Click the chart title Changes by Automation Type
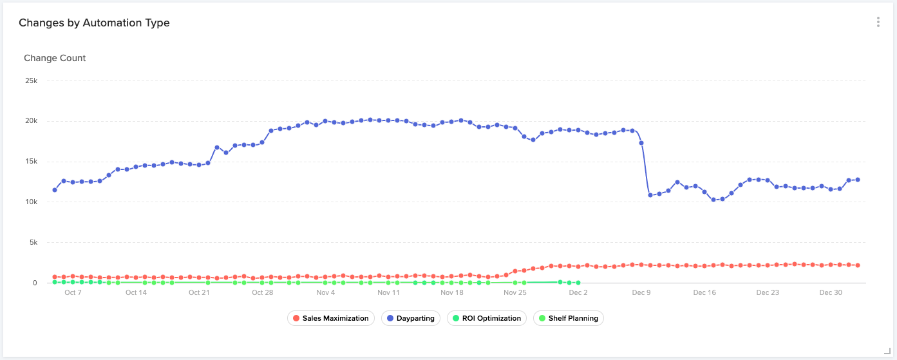point(94,23)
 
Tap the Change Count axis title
point(55,58)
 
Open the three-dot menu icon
point(878,22)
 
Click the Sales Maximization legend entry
point(330,318)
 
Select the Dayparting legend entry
point(410,318)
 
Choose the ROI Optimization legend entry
point(486,318)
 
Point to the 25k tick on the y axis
point(31,81)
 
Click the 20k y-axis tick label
point(31,121)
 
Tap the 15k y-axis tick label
point(31,162)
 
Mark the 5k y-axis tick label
point(33,243)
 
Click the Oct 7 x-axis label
point(73,292)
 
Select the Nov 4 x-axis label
point(325,292)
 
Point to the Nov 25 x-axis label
point(515,292)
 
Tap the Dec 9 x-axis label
point(641,292)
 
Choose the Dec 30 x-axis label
point(831,292)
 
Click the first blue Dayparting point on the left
point(55,190)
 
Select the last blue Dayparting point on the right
point(858,180)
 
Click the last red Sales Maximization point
point(858,265)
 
